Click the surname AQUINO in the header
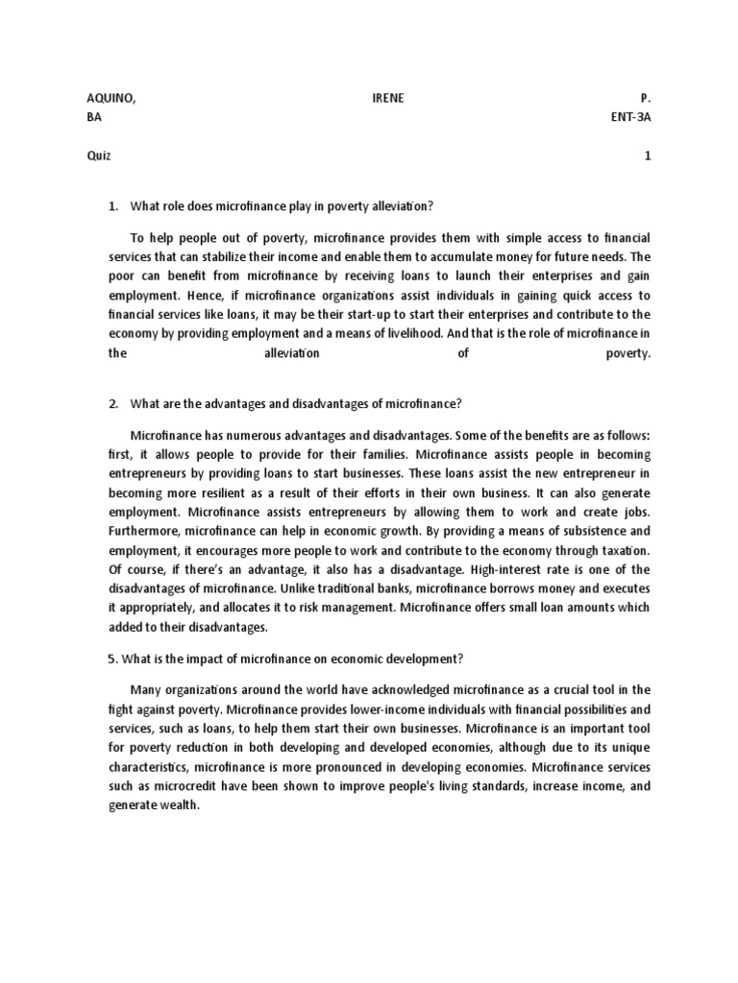pos(106,98)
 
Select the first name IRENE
pos(387,98)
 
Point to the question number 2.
pos(112,403)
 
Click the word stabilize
pos(226,257)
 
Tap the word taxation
pos(622,550)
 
